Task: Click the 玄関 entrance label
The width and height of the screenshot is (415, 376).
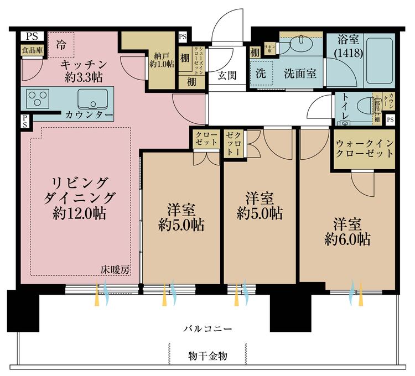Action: coord(227,75)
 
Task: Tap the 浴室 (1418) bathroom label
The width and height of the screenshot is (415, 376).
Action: coord(346,46)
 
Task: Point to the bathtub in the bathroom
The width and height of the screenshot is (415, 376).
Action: coord(378,59)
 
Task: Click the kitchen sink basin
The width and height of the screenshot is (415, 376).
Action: coord(94,100)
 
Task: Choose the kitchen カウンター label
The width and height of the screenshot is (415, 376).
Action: coord(89,115)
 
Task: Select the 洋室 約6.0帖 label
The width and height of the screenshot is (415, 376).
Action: coord(347,232)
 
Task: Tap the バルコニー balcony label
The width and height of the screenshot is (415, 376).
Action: coord(207,328)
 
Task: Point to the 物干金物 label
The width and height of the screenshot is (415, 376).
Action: coord(207,356)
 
